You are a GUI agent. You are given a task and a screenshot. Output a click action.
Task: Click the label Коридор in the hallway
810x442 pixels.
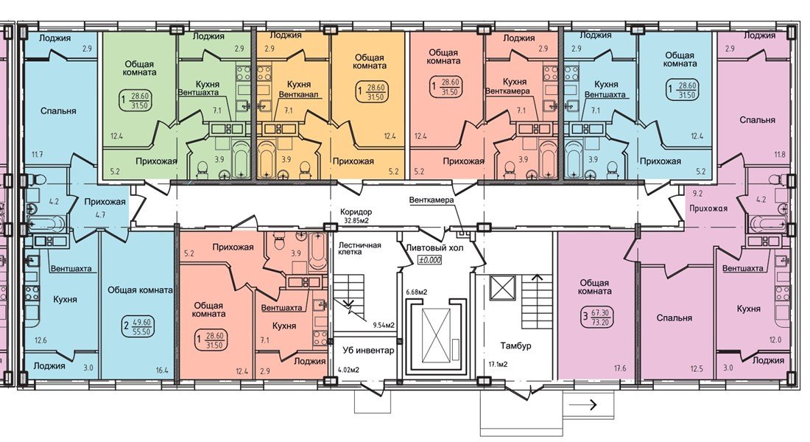tap(356, 212)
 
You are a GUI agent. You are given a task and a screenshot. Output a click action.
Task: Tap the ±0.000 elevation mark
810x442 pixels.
tap(430, 260)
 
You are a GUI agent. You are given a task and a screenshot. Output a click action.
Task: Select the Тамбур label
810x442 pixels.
tap(515, 345)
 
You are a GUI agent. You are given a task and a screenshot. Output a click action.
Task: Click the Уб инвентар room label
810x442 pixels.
tap(367, 351)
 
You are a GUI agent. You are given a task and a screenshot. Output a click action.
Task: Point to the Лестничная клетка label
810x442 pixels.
tap(359, 249)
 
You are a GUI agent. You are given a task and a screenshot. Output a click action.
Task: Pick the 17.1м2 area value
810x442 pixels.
tap(498, 365)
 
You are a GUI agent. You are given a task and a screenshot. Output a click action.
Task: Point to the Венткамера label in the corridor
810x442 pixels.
tap(432, 200)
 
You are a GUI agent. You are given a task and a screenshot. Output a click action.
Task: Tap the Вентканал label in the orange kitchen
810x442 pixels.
tap(297, 94)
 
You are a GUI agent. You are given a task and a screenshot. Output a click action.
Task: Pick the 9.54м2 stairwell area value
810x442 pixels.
tap(384, 325)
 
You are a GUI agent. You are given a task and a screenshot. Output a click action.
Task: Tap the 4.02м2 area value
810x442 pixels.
tap(349, 370)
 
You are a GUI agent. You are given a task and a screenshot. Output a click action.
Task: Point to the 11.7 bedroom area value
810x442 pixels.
tap(37, 154)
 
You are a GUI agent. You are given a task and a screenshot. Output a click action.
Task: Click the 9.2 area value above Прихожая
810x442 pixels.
tap(697, 194)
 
